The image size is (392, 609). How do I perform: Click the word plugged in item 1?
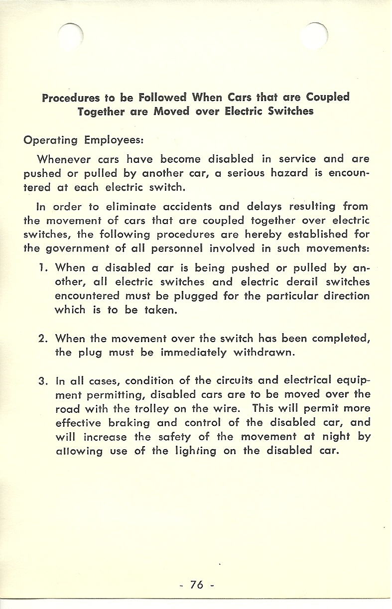[x=197, y=296]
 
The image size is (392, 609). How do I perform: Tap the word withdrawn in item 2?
[x=268, y=353]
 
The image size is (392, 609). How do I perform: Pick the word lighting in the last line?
[x=199, y=452]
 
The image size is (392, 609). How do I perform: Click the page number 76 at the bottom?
[x=197, y=585]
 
